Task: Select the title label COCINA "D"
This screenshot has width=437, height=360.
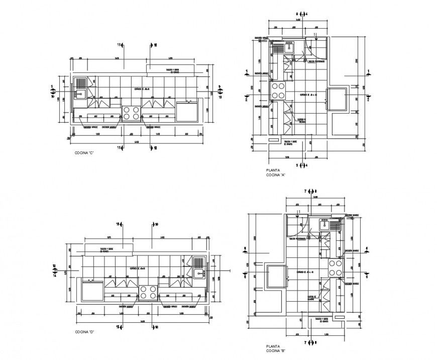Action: point(85,332)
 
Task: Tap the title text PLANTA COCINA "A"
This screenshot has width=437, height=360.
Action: point(276,173)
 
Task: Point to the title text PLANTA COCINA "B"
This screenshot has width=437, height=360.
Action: point(276,348)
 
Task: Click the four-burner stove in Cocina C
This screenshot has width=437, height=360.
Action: point(132,113)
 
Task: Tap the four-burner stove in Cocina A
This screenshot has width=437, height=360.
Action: point(278,91)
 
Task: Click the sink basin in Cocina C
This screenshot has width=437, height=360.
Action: point(80,93)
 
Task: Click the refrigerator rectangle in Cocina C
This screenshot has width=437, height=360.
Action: point(187,112)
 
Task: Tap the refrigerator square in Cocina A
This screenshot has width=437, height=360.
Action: point(337,98)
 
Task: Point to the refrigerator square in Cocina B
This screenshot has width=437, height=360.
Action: point(275,276)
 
